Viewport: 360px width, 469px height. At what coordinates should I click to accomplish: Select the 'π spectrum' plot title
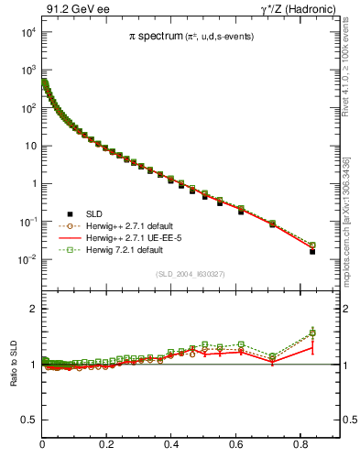pyautogui.click(x=191, y=37)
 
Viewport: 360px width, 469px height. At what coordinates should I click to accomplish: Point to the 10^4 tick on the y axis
pyautogui.click(x=27, y=32)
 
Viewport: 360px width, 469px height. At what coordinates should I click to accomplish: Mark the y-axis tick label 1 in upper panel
pyautogui.click(x=34, y=184)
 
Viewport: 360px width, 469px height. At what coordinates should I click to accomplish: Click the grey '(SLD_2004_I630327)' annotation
pyautogui.click(x=191, y=273)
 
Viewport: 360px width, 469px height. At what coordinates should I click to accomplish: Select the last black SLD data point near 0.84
pyautogui.click(x=312, y=251)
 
